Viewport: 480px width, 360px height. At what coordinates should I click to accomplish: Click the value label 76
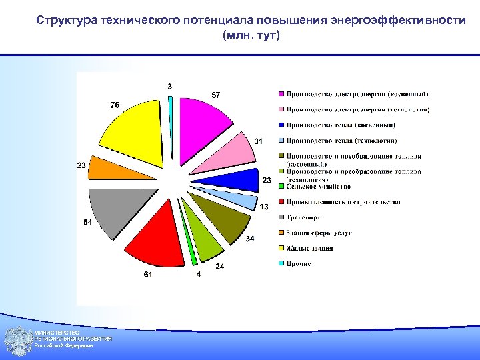(115, 105)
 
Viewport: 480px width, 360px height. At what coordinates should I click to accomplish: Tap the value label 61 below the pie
(147, 275)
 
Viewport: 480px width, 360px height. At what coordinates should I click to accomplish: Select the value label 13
(264, 207)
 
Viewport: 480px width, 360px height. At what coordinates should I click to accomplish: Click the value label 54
(87, 223)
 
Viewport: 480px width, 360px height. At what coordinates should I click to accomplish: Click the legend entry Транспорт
(304, 217)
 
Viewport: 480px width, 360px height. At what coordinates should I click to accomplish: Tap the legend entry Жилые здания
(309, 249)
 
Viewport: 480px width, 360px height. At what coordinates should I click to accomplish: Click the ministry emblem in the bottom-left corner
(17, 341)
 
